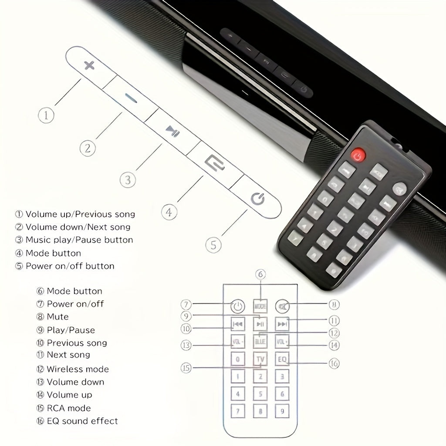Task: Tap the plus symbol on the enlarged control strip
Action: click(x=89, y=66)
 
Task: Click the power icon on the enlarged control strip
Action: click(x=257, y=199)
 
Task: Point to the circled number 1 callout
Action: click(x=46, y=115)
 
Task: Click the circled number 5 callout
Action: click(x=213, y=245)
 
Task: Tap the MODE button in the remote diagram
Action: click(x=260, y=306)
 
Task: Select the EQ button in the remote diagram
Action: click(x=282, y=360)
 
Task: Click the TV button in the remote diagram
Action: click(x=260, y=360)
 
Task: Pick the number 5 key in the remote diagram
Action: click(x=260, y=394)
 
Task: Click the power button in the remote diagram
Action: click(x=237, y=307)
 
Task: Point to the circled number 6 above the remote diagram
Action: click(x=260, y=274)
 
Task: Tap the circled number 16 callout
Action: click(x=334, y=363)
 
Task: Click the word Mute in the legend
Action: click(x=57, y=317)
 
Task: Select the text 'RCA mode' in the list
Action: click(x=68, y=408)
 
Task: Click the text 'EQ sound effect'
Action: click(x=82, y=421)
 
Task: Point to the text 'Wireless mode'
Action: click(x=78, y=369)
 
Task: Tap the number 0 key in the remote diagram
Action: click(x=237, y=360)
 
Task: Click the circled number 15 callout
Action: click(x=186, y=368)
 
